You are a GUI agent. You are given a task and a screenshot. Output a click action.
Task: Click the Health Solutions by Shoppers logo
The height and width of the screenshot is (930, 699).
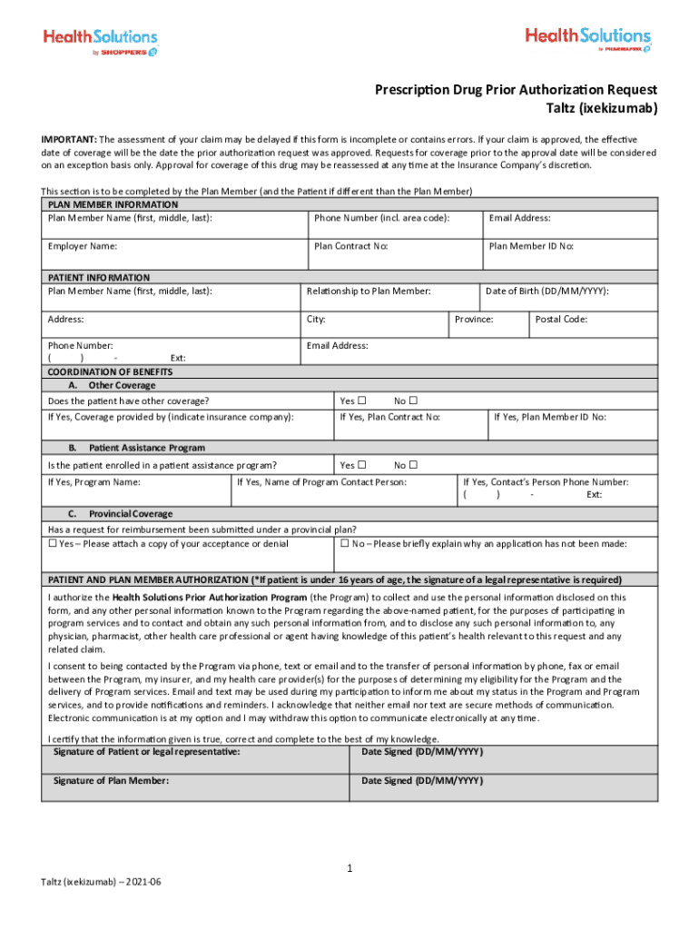[101, 42]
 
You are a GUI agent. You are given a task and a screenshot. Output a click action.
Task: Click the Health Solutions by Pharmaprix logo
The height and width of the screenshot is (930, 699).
[587, 40]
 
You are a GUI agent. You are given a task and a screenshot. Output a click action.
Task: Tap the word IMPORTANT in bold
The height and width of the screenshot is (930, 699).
[68, 139]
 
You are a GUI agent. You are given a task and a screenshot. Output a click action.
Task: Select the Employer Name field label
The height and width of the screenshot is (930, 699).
[83, 246]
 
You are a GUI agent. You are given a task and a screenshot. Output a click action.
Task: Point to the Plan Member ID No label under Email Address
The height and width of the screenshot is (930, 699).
[531, 246]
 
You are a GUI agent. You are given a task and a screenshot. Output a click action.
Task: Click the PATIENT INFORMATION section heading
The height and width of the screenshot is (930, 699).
[99, 277]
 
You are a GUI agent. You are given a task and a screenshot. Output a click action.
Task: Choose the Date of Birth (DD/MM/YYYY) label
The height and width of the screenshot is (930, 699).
[547, 291]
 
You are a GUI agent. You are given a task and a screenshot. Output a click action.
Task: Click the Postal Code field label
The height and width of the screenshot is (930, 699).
[561, 319]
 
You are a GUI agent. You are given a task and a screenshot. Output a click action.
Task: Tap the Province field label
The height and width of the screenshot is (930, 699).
[474, 319]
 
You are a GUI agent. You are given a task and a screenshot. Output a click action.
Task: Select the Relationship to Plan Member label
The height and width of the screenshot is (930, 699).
[369, 291]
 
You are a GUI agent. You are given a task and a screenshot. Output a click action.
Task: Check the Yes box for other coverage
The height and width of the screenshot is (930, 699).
[361, 401]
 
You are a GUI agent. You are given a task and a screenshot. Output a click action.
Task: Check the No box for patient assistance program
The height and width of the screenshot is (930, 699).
[412, 465]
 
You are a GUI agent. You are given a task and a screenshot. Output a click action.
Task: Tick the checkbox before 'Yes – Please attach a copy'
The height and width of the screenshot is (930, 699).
[53, 543]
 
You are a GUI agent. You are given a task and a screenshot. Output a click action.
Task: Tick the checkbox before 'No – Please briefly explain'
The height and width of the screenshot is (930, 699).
[344, 543]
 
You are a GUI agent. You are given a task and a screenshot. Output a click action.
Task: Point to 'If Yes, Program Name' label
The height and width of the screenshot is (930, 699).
[94, 482]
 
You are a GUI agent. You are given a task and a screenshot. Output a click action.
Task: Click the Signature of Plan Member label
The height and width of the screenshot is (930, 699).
[111, 780]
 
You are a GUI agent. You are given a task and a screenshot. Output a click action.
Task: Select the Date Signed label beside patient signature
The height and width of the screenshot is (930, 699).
[422, 752]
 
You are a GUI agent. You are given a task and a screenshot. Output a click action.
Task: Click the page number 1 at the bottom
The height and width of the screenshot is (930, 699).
[349, 869]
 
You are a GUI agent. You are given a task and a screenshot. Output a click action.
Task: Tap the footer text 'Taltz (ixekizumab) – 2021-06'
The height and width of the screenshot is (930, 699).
[102, 883]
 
